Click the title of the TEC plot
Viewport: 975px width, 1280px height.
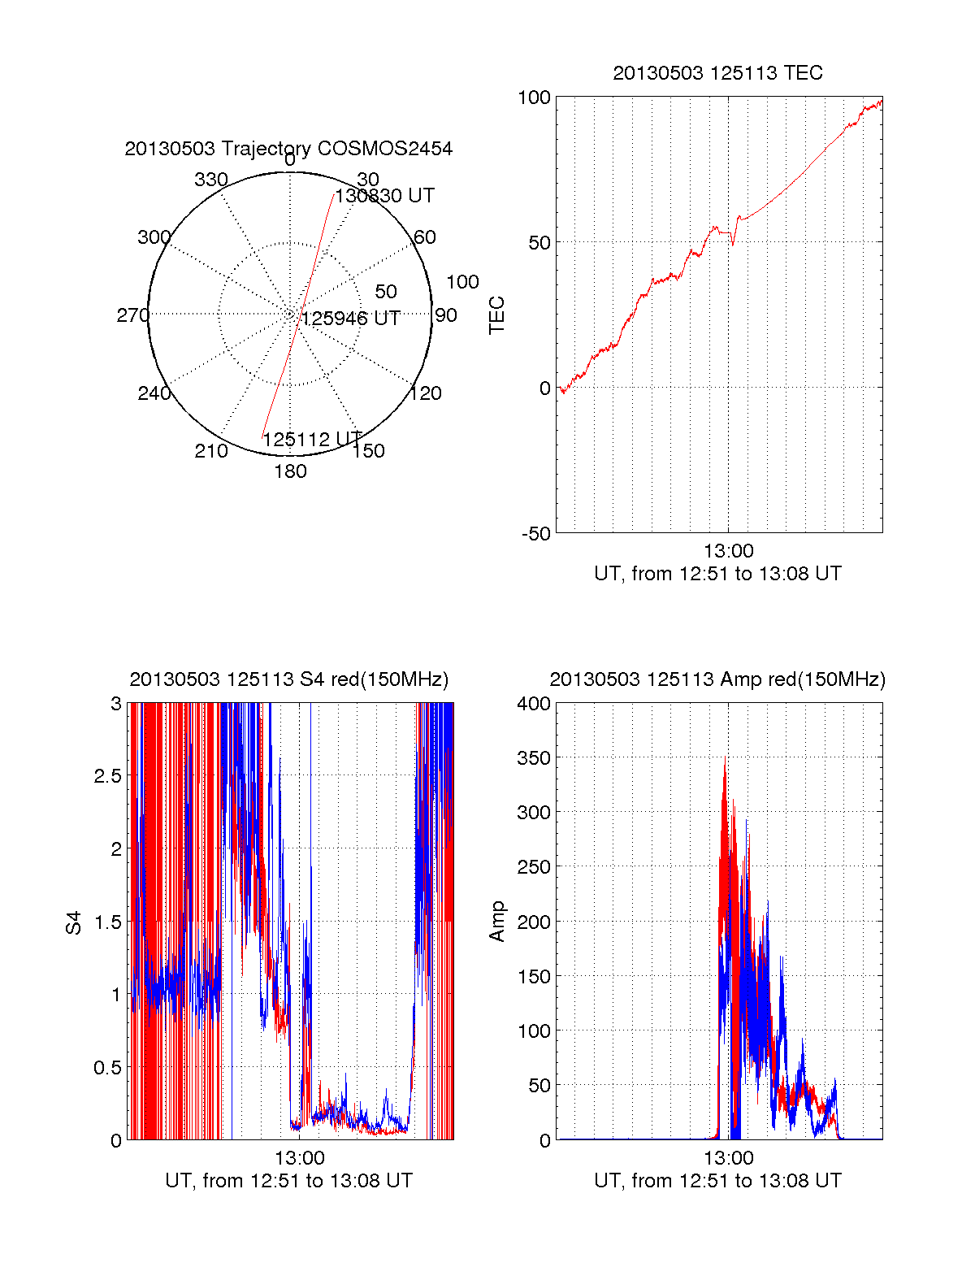717,73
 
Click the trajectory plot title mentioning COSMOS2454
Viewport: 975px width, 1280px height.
288,149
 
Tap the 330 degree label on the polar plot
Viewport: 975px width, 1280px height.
211,180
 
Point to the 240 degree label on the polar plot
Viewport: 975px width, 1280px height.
154,393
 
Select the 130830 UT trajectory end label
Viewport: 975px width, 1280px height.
385,196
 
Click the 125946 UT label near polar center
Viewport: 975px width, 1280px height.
351,319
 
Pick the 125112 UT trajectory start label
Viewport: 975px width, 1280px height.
312,440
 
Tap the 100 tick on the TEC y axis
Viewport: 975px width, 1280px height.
534,98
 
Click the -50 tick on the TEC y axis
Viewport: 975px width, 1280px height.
535,534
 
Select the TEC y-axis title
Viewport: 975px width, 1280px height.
496,315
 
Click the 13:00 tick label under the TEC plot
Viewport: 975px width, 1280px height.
728,552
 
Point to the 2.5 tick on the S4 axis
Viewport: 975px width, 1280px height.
108,776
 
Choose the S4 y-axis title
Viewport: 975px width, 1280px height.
74,922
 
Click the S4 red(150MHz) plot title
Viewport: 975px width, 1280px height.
288,679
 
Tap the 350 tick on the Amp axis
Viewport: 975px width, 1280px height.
534,758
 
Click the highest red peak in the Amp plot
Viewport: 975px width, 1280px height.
725,758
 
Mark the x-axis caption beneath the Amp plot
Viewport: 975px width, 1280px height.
717,1181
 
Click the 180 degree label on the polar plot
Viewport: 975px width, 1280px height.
290,471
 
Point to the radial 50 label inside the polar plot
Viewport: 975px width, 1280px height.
386,292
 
